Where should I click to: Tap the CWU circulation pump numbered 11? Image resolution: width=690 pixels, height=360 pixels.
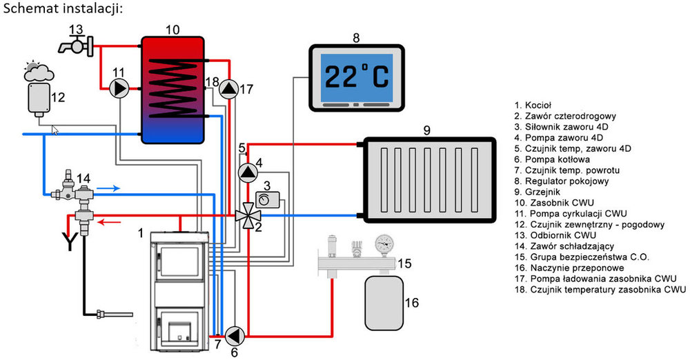[x=120, y=88]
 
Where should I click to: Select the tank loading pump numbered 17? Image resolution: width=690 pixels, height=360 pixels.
[x=228, y=88]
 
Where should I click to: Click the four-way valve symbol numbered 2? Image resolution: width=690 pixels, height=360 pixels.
[x=244, y=215]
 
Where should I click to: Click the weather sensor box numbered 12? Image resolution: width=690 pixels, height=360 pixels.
[x=39, y=99]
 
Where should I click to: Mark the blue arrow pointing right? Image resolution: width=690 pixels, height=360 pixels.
[x=108, y=187]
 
